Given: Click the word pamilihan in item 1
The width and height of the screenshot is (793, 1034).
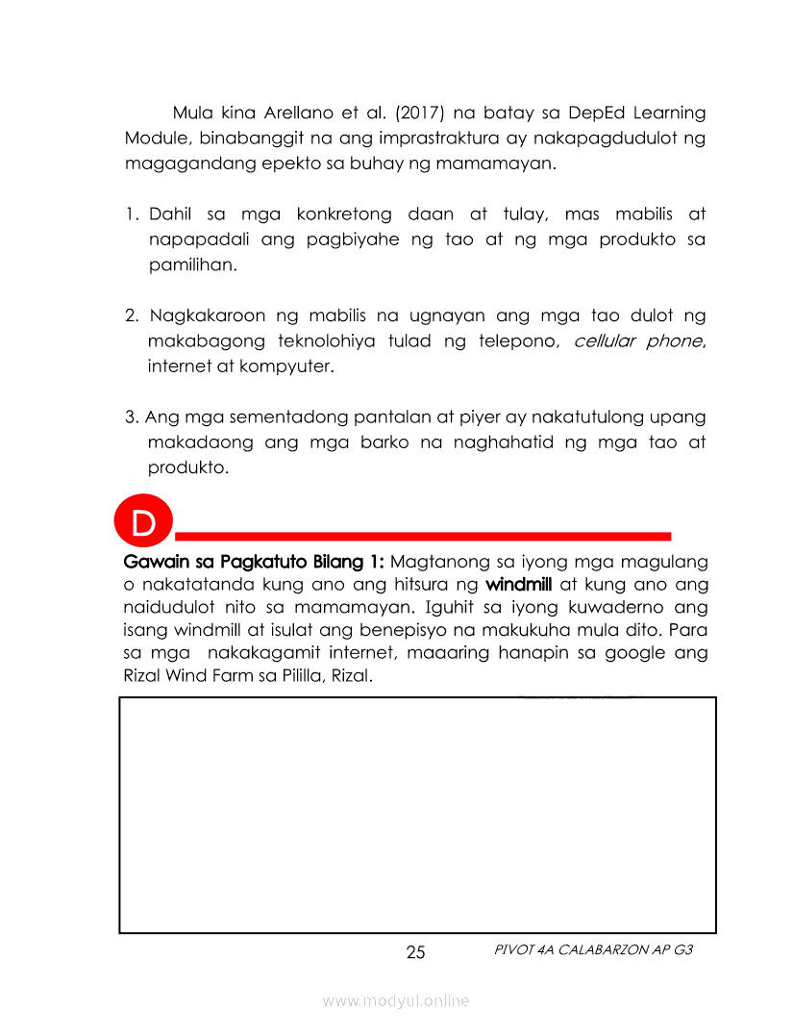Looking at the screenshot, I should (190, 264).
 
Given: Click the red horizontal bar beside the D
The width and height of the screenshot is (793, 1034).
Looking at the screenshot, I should (423, 534).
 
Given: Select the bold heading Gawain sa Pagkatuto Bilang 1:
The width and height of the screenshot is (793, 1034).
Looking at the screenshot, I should (254, 560).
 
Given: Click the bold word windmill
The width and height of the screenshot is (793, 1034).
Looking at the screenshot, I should (518, 585).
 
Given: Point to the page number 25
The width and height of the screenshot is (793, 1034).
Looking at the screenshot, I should (415, 953).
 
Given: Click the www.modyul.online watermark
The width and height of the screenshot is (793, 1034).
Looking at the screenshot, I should (396, 1000).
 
